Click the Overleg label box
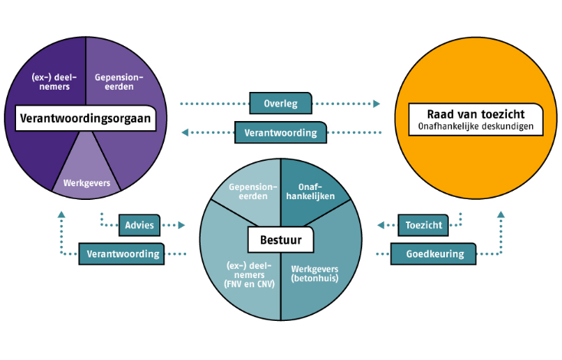click(280, 103)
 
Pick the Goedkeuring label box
click(432, 254)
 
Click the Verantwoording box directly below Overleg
click(280, 133)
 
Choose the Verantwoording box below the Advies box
click(123, 254)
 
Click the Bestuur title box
click(279, 241)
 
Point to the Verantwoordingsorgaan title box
click(85, 119)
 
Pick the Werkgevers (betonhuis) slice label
click(315, 273)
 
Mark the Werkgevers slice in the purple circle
click(86, 182)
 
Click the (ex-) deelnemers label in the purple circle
click(51, 81)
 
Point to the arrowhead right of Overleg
click(377, 103)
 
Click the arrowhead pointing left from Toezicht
click(381, 225)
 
